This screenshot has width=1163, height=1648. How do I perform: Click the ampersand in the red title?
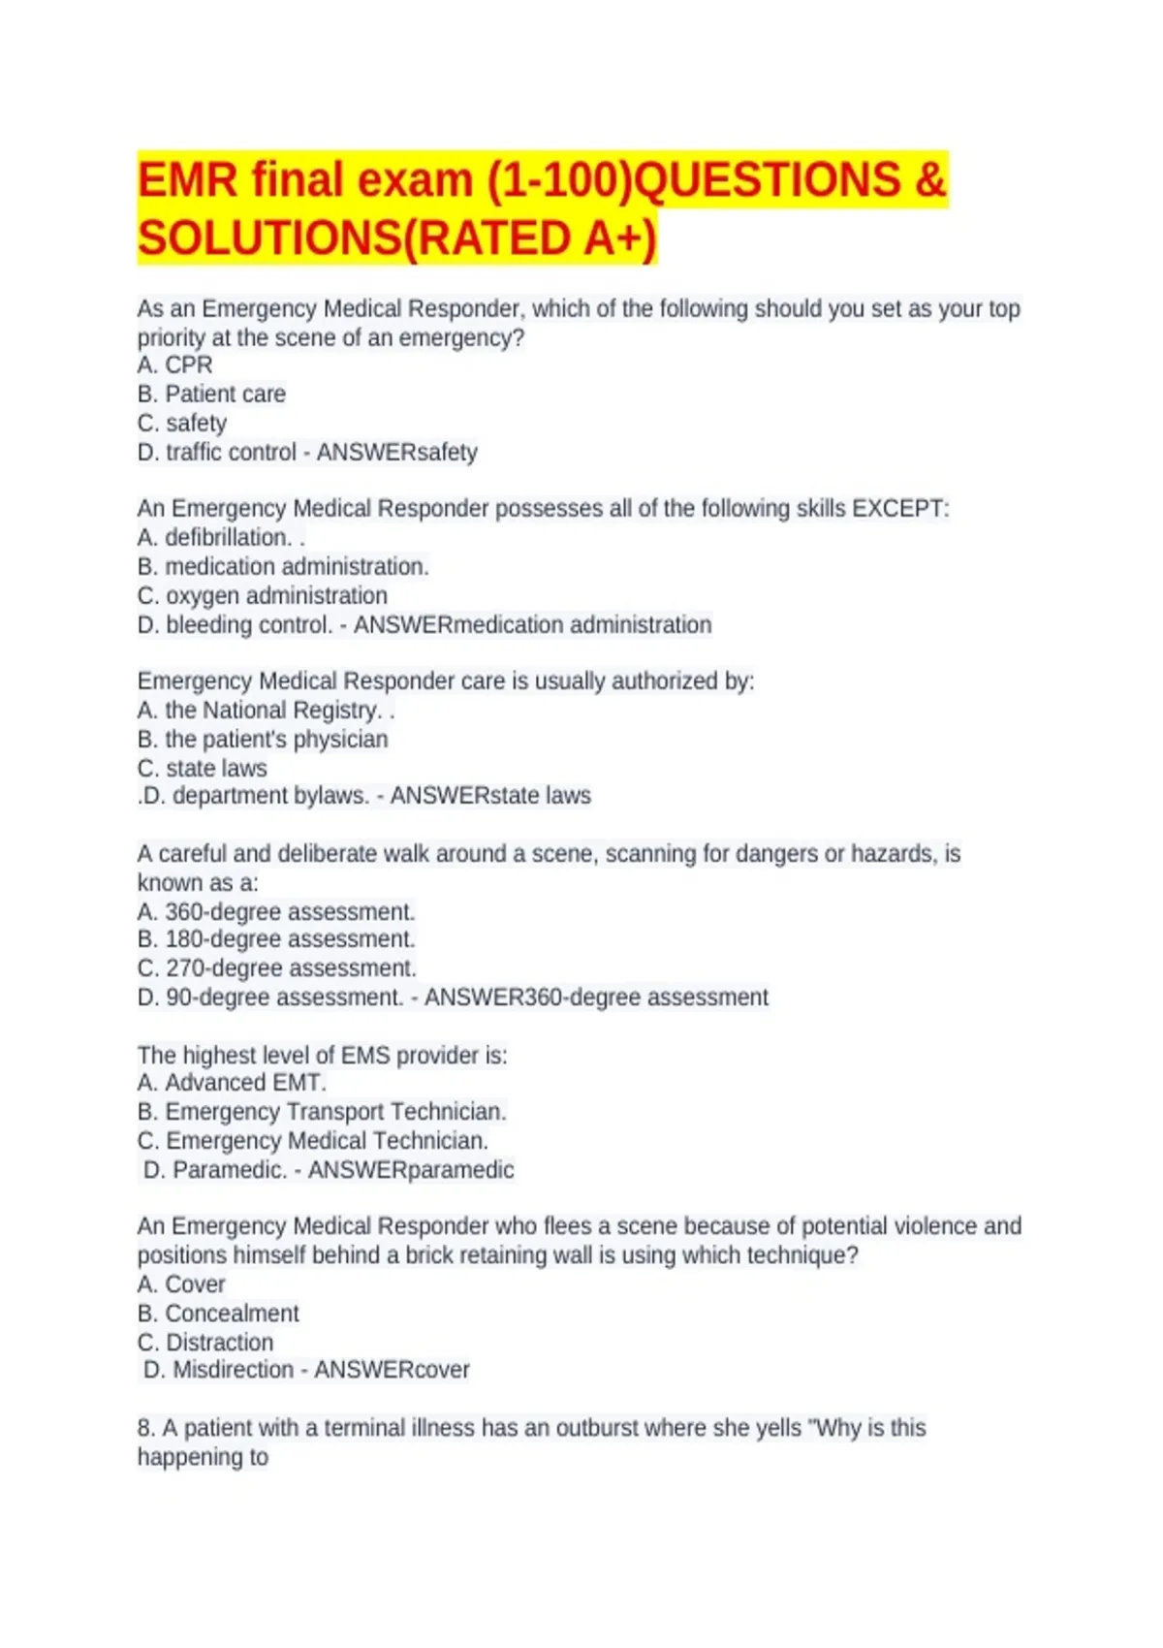927,180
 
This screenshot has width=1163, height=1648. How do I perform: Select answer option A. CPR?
174,365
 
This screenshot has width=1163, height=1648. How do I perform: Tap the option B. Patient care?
211,395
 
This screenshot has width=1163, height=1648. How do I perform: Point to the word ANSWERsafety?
397,453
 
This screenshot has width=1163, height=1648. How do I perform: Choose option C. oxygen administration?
263,596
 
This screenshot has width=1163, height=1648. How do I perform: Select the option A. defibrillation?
215,538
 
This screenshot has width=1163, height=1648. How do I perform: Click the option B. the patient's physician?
263,740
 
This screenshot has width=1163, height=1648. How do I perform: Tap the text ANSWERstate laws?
490,796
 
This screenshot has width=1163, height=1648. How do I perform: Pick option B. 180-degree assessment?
276,939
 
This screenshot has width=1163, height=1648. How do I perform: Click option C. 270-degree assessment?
277,968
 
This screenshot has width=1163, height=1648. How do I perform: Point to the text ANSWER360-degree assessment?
596,998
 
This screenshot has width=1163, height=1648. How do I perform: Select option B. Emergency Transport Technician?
322,1112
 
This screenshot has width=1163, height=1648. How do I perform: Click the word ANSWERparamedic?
411,1170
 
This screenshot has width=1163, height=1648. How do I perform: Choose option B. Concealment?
218,1314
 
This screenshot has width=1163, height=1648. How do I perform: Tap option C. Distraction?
205,1343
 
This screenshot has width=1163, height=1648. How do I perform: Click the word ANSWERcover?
392,1370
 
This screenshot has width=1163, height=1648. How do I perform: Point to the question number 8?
146,1428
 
